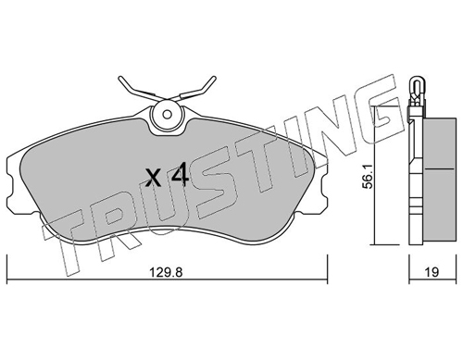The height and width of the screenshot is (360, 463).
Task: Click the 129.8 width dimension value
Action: click(166, 273)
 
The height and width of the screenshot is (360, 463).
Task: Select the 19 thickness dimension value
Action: click(432, 272)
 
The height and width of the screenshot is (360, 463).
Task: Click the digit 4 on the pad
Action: click(180, 175)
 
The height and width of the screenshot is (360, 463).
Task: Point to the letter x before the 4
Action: click(154, 179)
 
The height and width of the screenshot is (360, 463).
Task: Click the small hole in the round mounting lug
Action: click(168, 115)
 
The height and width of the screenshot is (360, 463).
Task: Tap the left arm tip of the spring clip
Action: click(119, 78)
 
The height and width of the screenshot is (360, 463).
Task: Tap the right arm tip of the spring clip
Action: click(214, 78)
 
